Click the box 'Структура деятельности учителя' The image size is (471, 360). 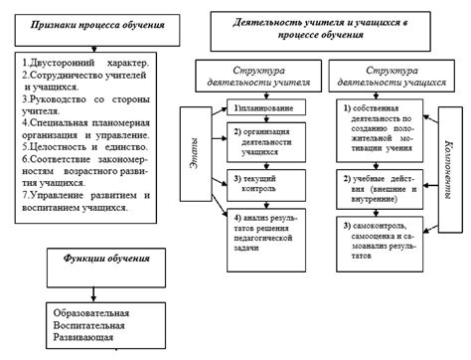pos(260,77)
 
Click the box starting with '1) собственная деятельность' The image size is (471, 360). pos(380,125)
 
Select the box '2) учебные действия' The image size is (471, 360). pos(380,186)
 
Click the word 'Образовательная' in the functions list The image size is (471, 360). pos(86,313)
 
